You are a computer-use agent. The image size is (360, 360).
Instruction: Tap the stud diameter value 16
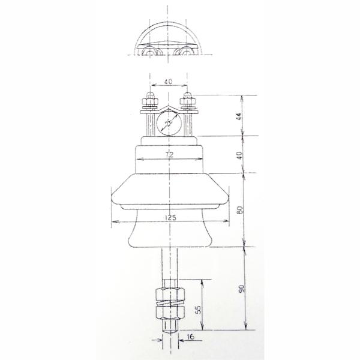[190, 338]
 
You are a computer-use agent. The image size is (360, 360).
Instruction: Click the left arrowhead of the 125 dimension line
[114, 223]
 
